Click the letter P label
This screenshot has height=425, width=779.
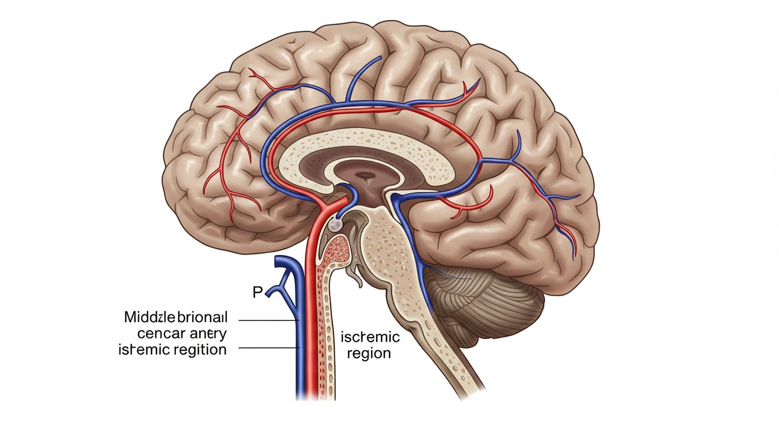pos(257,292)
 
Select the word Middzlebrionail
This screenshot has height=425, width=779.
pos(176,318)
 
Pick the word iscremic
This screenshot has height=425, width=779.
pos(370,337)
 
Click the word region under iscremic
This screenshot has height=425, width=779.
pos(369,353)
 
